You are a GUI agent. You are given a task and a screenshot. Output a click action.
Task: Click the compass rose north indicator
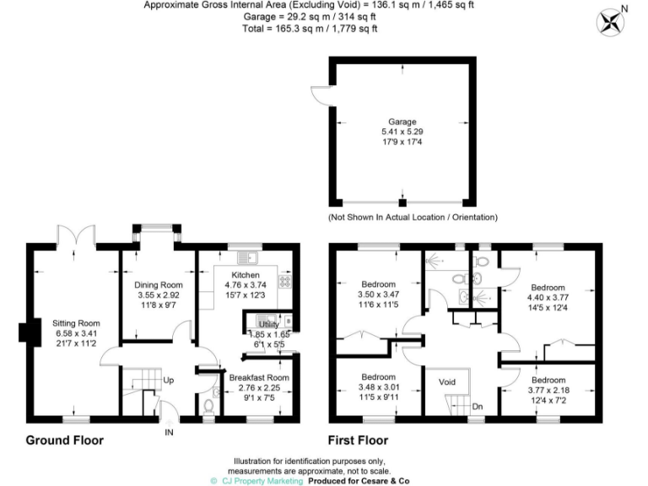coord(609,20)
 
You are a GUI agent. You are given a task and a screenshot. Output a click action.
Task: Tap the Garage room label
coord(402,121)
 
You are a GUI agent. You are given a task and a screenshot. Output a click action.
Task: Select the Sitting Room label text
coord(76,323)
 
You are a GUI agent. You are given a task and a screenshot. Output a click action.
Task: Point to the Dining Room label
coord(159,284)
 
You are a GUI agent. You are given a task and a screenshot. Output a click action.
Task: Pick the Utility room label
coord(268,323)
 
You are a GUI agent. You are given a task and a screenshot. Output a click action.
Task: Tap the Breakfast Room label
coord(259,378)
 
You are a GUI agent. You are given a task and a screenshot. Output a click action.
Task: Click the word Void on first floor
coord(447,381)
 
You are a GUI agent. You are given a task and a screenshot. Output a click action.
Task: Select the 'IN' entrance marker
coord(169,432)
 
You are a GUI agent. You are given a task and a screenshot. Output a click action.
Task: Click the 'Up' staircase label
coord(169,381)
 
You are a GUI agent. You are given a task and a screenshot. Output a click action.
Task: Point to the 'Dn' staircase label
coord(477,406)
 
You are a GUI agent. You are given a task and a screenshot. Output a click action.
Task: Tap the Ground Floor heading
coord(65,440)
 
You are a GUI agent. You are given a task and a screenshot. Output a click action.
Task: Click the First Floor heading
coord(359,440)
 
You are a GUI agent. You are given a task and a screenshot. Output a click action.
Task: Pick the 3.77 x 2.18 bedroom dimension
coord(548,389)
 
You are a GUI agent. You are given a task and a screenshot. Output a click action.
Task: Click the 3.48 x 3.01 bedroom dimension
coord(378,386)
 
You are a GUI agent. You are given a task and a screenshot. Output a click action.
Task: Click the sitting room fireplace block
coord(24,332)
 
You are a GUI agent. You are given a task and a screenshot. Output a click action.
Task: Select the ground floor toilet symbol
coord(208,405)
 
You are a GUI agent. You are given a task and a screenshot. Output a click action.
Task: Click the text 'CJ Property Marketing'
coord(262,480)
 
